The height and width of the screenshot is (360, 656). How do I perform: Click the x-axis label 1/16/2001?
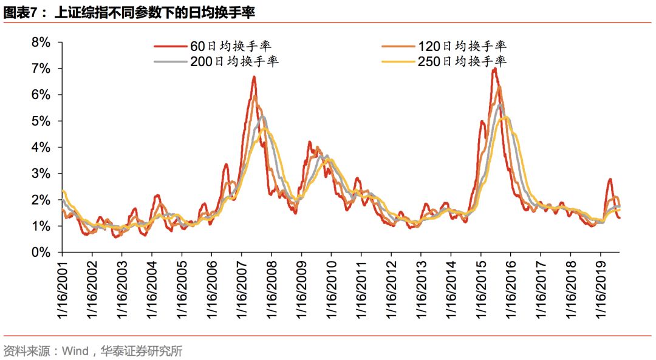[62, 290]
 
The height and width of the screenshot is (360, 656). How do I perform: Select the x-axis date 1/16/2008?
[272, 290]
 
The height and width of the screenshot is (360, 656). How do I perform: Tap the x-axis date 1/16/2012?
[391, 290]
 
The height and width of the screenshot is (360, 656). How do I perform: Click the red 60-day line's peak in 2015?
[495, 69]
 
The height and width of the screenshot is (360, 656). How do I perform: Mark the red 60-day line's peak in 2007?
[254, 76]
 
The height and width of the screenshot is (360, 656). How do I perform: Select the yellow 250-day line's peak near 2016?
[507, 117]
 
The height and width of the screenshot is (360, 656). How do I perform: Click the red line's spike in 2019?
[610, 179]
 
